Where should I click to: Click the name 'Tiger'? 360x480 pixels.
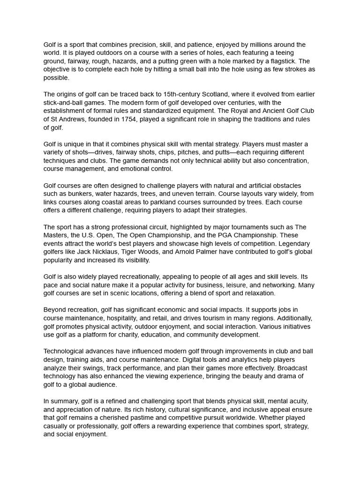(133, 252)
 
